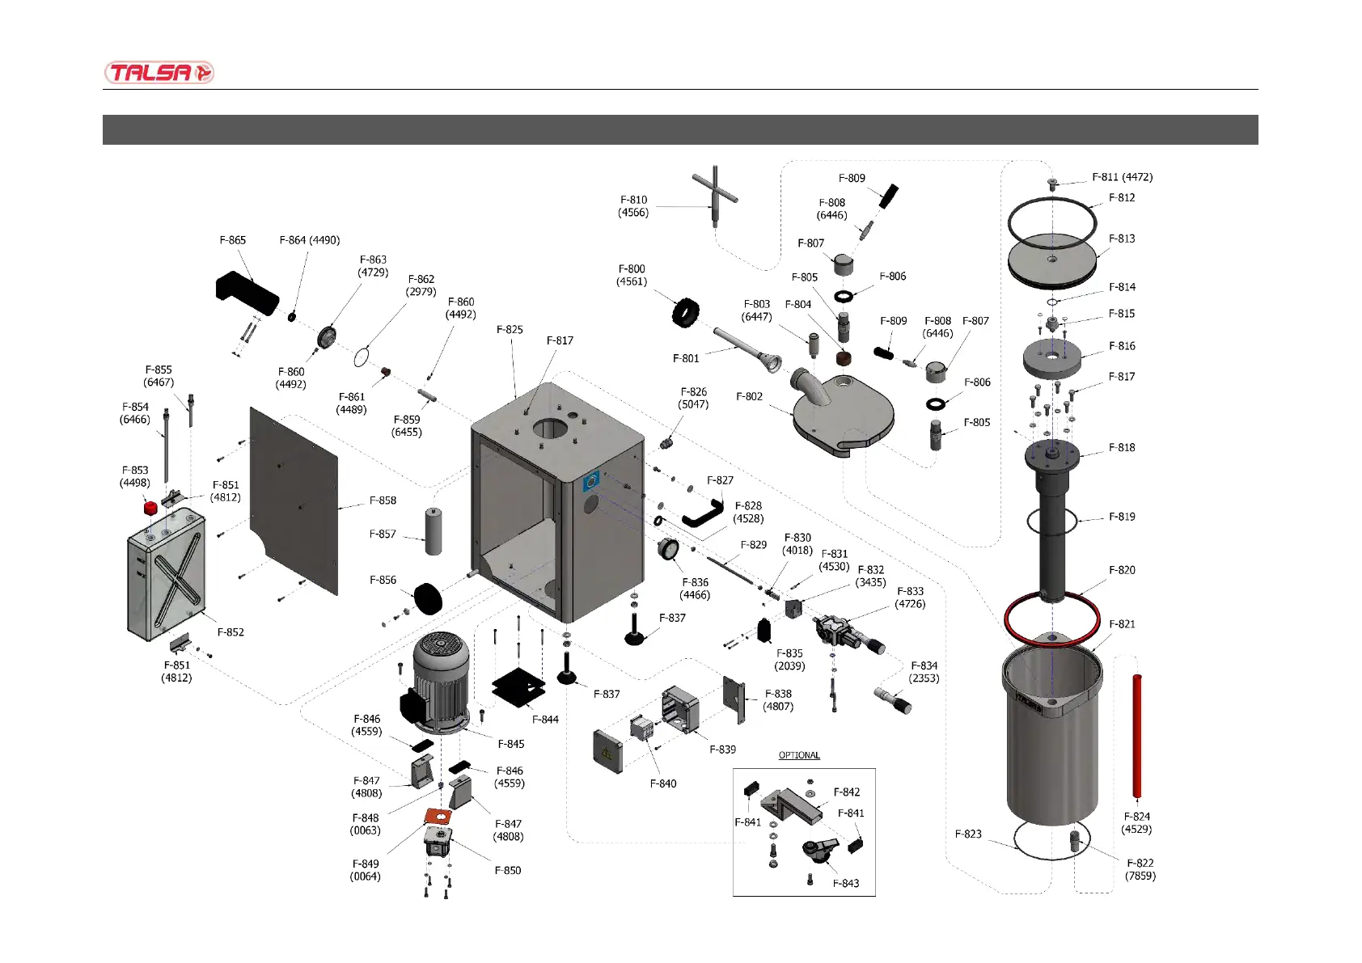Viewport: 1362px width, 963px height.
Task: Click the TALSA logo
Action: pyautogui.click(x=159, y=73)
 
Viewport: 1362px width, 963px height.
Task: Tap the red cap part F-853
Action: pyautogui.click(x=150, y=508)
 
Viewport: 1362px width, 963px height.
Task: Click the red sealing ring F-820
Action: pyautogui.click(x=1051, y=619)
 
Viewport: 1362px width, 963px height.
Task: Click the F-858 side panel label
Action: pyautogui.click(x=383, y=501)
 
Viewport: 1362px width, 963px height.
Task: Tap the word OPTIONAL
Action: pyautogui.click(x=799, y=755)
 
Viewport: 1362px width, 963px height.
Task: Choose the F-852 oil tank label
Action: pyautogui.click(x=231, y=632)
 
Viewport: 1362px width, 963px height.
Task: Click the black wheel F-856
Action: pyautogui.click(x=429, y=598)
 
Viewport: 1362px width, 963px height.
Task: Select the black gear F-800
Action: pyautogui.click(x=686, y=313)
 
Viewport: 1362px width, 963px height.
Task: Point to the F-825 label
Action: pyautogui.click(x=510, y=330)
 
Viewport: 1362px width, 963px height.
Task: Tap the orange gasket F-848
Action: pyautogui.click(x=438, y=817)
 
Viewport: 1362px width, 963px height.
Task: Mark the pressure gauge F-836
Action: pyautogui.click(x=669, y=549)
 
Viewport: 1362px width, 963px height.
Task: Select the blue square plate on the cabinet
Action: pyautogui.click(x=591, y=482)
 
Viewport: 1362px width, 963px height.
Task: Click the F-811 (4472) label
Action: pyautogui.click(x=1122, y=177)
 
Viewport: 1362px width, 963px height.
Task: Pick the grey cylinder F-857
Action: pyautogui.click(x=434, y=530)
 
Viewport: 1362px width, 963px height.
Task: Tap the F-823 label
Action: pyautogui.click(x=968, y=834)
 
